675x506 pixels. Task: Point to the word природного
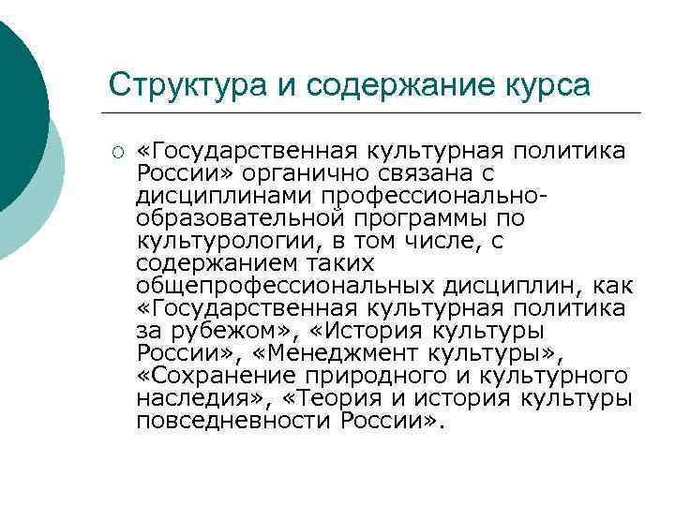point(393,376)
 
